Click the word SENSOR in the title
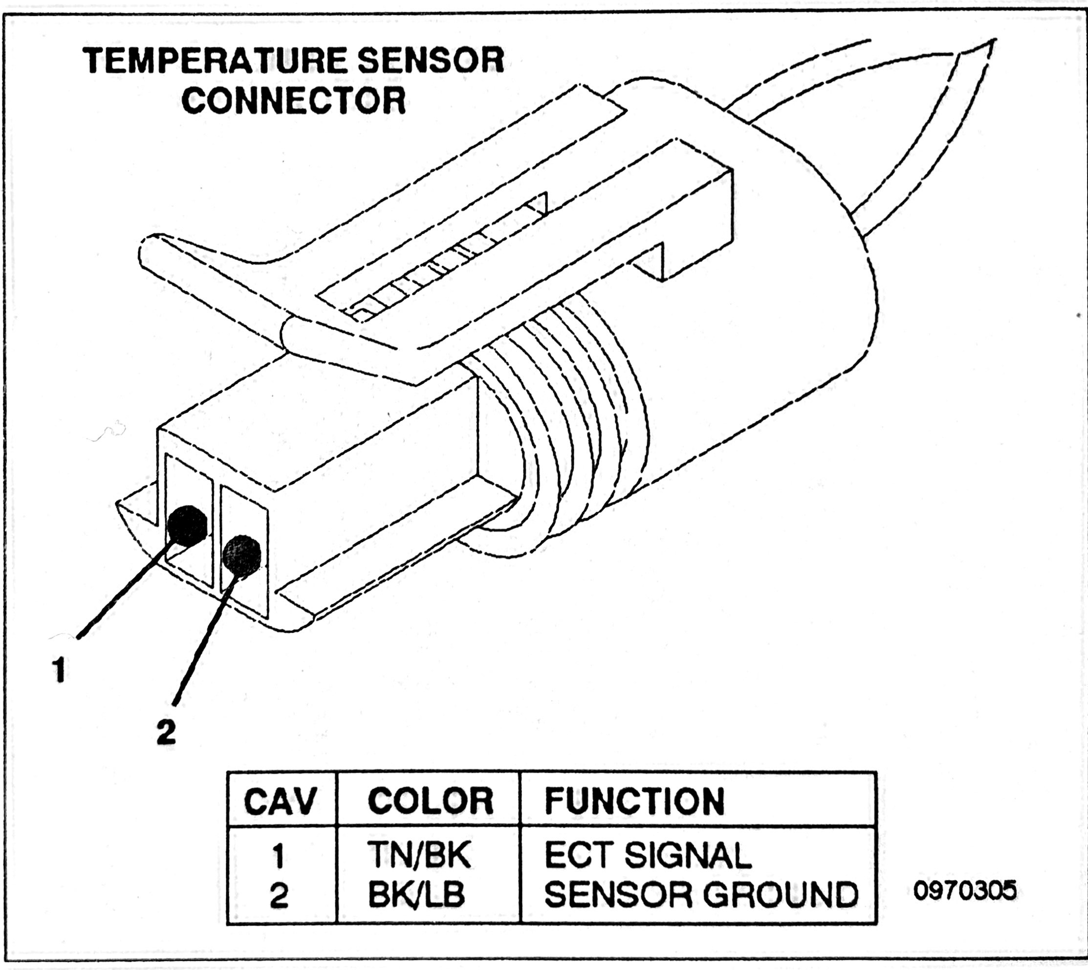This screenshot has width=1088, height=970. point(431,60)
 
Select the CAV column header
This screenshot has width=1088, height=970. point(280,801)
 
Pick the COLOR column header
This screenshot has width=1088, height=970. point(431,801)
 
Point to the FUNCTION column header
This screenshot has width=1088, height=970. point(634,801)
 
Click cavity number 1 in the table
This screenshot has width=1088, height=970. point(279,856)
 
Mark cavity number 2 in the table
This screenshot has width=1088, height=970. point(279,895)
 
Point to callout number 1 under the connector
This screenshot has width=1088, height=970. point(60,670)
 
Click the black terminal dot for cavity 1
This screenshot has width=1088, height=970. point(187,525)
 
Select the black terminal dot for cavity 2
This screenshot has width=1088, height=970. point(242,555)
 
